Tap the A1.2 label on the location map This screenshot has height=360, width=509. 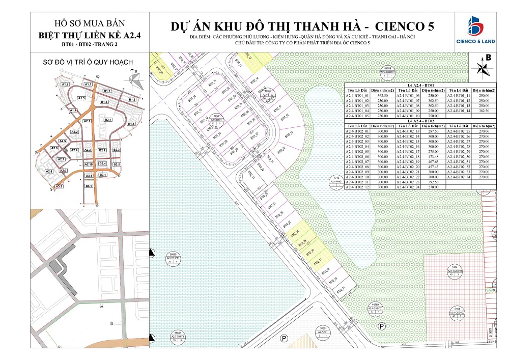65,84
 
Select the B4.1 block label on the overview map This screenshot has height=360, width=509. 89,187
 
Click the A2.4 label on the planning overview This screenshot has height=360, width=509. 74,150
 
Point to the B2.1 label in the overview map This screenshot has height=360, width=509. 107,120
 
